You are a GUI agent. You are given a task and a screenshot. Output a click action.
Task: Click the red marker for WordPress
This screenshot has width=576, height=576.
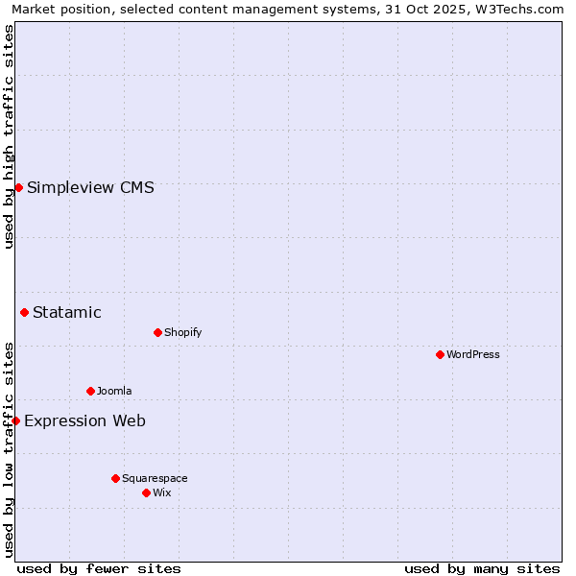(x=440, y=354)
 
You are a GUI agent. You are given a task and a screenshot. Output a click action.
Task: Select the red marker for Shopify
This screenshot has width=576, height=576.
(x=157, y=332)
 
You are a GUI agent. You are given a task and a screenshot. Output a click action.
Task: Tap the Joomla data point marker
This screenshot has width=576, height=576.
(x=90, y=391)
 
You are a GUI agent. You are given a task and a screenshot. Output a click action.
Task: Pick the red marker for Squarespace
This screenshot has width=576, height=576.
(x=115, y=478)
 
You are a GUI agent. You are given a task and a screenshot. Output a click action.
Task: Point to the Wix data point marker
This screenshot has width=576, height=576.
(x=146, y=492)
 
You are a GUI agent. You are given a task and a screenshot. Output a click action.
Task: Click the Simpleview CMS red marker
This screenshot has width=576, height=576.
(x=18, y=187)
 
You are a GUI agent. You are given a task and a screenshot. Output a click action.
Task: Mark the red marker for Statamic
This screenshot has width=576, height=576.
(x=24, y=312)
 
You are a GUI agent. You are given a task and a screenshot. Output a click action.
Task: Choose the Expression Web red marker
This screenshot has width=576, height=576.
(x=15, y=420)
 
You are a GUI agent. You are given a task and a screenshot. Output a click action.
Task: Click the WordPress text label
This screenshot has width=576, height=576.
(x=473, y=354)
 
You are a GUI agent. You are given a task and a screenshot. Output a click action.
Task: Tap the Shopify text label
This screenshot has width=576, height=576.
(x=182, y=332)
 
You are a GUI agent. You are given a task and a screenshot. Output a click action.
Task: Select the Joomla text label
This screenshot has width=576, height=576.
(x=114, y=391)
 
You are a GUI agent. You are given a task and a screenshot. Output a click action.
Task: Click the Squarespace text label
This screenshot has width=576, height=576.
(x=155, y=478)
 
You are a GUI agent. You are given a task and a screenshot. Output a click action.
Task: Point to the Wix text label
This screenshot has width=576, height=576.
(x=162, y=492)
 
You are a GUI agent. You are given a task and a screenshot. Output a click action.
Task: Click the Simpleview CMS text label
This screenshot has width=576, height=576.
(x=90, y=187)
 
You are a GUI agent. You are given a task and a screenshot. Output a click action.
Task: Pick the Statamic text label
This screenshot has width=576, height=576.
(x=67, y=312)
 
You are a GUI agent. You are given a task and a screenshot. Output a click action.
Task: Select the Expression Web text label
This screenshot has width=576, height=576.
(x=84, y=420)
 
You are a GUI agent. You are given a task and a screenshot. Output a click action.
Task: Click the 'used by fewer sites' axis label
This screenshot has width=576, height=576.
(x=99, y=568)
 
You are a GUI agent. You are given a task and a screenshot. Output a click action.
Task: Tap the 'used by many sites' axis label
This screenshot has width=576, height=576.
(x=482, y=568)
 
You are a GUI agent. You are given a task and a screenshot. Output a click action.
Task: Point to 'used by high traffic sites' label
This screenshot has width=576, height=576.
(x=9, y=136)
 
